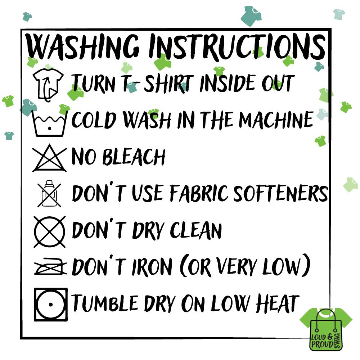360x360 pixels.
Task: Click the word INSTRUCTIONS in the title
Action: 237,47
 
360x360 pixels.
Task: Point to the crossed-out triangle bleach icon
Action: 49,158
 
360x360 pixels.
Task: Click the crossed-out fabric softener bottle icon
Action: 49,194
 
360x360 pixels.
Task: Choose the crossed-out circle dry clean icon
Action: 50,231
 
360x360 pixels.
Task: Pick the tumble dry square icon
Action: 51,304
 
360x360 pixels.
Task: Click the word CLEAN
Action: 196,230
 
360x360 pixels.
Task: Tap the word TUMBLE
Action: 104,303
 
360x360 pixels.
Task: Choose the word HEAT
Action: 278,303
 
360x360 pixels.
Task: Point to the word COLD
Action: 94,120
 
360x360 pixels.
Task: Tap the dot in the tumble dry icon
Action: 51,305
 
